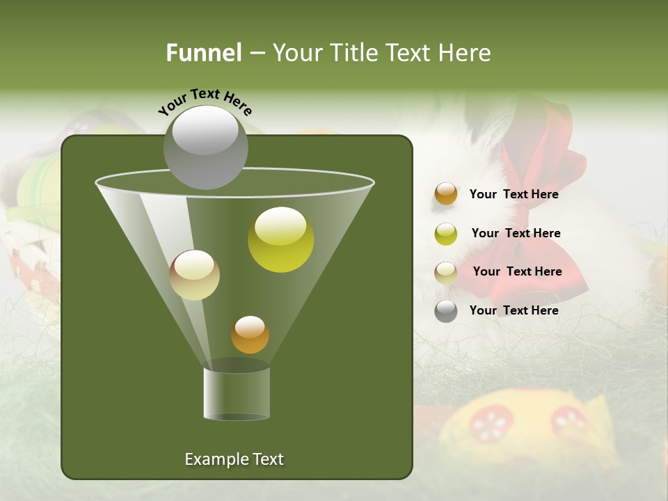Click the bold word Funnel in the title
coord(204,53)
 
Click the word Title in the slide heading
coord(353,53)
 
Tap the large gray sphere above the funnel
coord(206,147)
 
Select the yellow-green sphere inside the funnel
coord(280,239)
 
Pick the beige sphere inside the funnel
coord(195,275)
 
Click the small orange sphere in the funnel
coord(250,335)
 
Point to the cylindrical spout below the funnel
coord(237,393)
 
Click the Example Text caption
coord(234,459)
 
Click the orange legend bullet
coord(446,194)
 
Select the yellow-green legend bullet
coord(446,234)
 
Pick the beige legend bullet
coord(446,273)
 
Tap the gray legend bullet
coord(446,311)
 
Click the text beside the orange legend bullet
coord(514,194)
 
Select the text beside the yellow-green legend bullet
coord(516,233)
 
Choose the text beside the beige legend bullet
coord(517,271)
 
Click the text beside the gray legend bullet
coord(514,310)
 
